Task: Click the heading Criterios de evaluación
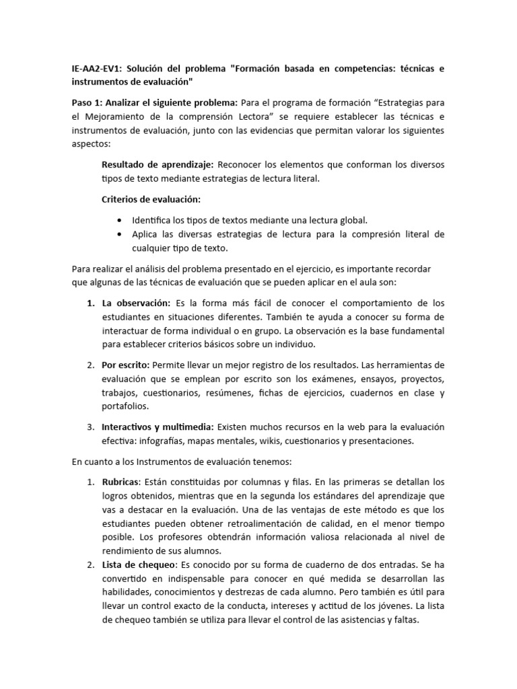(151, 199)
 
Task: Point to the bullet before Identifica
(120, 220)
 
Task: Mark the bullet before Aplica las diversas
(120, 234)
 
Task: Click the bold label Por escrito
(126, 365)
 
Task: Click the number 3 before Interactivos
(90, 427)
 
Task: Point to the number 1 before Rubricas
(90, 482)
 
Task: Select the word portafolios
(125, 406)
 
